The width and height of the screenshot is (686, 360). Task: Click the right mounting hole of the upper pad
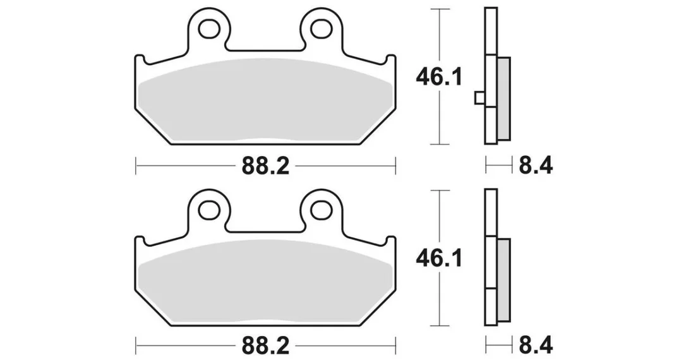coord(321,29)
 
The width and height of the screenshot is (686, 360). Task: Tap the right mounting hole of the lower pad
coord(321,210)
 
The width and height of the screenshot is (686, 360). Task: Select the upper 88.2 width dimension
coord(266,166)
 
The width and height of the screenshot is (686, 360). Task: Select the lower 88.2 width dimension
coord(266,347)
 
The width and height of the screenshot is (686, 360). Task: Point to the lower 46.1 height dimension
coord(439,259)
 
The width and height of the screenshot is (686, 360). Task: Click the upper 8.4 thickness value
coord(536,166)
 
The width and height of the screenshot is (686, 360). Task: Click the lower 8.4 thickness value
coord(536,347)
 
